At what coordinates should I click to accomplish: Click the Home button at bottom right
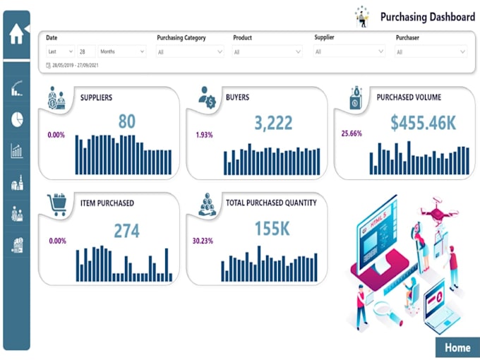point(457,347)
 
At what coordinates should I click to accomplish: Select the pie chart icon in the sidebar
point(17,119)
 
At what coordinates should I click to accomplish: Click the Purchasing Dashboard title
point(427,16)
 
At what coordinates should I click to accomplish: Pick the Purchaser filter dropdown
point(431,52)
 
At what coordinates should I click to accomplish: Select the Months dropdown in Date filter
point(121,52)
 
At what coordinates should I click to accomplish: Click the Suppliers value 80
point(126,122)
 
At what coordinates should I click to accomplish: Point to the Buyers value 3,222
point(272,124)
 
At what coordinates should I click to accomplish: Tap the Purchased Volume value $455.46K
point(423,123)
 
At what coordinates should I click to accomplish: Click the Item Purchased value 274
point(126,231)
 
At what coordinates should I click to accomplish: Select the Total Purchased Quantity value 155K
point(272,229)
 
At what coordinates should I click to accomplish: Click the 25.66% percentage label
point(351,133)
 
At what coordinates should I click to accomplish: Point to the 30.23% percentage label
point(203,240)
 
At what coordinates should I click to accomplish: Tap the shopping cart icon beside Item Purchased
point(56,204)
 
